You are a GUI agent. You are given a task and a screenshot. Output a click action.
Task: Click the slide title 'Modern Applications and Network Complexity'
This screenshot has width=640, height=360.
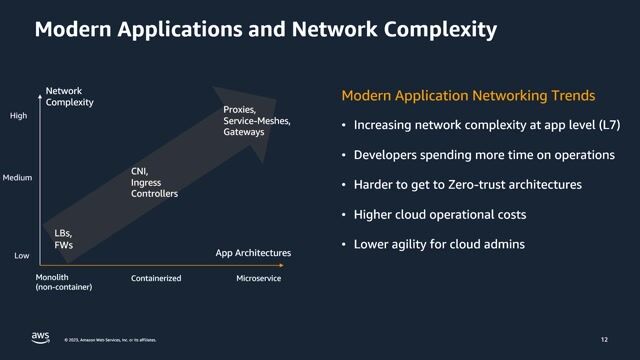click(x=265, y=30)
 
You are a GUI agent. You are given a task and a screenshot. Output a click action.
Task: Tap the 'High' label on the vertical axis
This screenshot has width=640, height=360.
click(x=18, y=116)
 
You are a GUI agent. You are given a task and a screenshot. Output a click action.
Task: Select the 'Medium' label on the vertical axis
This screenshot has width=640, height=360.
click(x=18, y=178)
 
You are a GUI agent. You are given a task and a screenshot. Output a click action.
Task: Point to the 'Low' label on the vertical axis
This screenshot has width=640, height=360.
click(x=21, y=256)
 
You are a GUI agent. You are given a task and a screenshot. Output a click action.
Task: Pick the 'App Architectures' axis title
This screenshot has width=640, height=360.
click(x=253, y=253)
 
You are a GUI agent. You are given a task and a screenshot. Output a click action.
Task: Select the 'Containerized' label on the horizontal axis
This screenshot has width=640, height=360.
click(x=156, y=278)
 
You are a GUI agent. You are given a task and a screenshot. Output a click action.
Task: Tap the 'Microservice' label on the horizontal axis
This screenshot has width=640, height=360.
click(x=258, y=278)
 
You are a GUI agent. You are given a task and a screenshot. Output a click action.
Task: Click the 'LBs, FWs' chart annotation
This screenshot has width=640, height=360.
click(x=63, y=238)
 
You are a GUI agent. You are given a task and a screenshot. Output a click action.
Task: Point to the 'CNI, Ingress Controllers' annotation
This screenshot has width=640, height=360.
click(x=154, y=182)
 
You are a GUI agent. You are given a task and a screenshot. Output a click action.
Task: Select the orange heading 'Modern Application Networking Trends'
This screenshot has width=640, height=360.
click(x=468, y=96)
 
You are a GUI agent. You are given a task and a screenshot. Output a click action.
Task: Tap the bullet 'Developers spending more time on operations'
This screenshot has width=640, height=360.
click(x=484, y=156)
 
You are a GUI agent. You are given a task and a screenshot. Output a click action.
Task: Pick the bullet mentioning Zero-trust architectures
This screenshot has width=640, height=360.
click(x=467, y=185)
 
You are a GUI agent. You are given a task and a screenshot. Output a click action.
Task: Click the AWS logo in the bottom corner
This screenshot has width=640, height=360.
click(x=40, y=337)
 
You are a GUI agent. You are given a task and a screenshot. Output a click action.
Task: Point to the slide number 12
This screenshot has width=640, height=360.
click(x=603, y=339)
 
